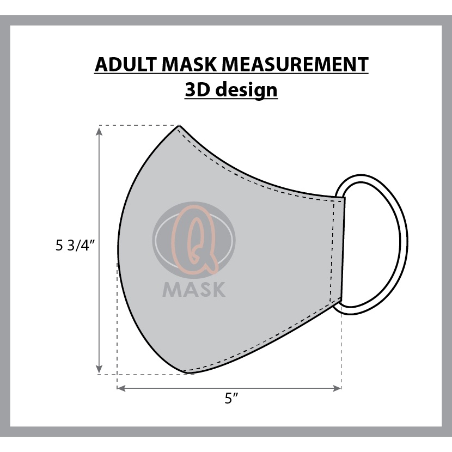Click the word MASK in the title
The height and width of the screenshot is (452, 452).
click(x=190, y=64)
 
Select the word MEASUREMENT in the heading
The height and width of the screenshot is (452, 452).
click(x=295, y=64)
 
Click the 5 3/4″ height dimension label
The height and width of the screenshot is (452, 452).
click(x=75, y=246)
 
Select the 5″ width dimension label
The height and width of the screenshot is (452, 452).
click(x=231, y=399)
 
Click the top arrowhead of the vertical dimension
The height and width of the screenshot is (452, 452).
click(x=99, y=131)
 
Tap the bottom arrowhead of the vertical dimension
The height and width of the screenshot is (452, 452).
click(x=99, y=369)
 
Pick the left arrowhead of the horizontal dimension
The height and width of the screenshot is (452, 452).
click(x=121, y=388)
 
